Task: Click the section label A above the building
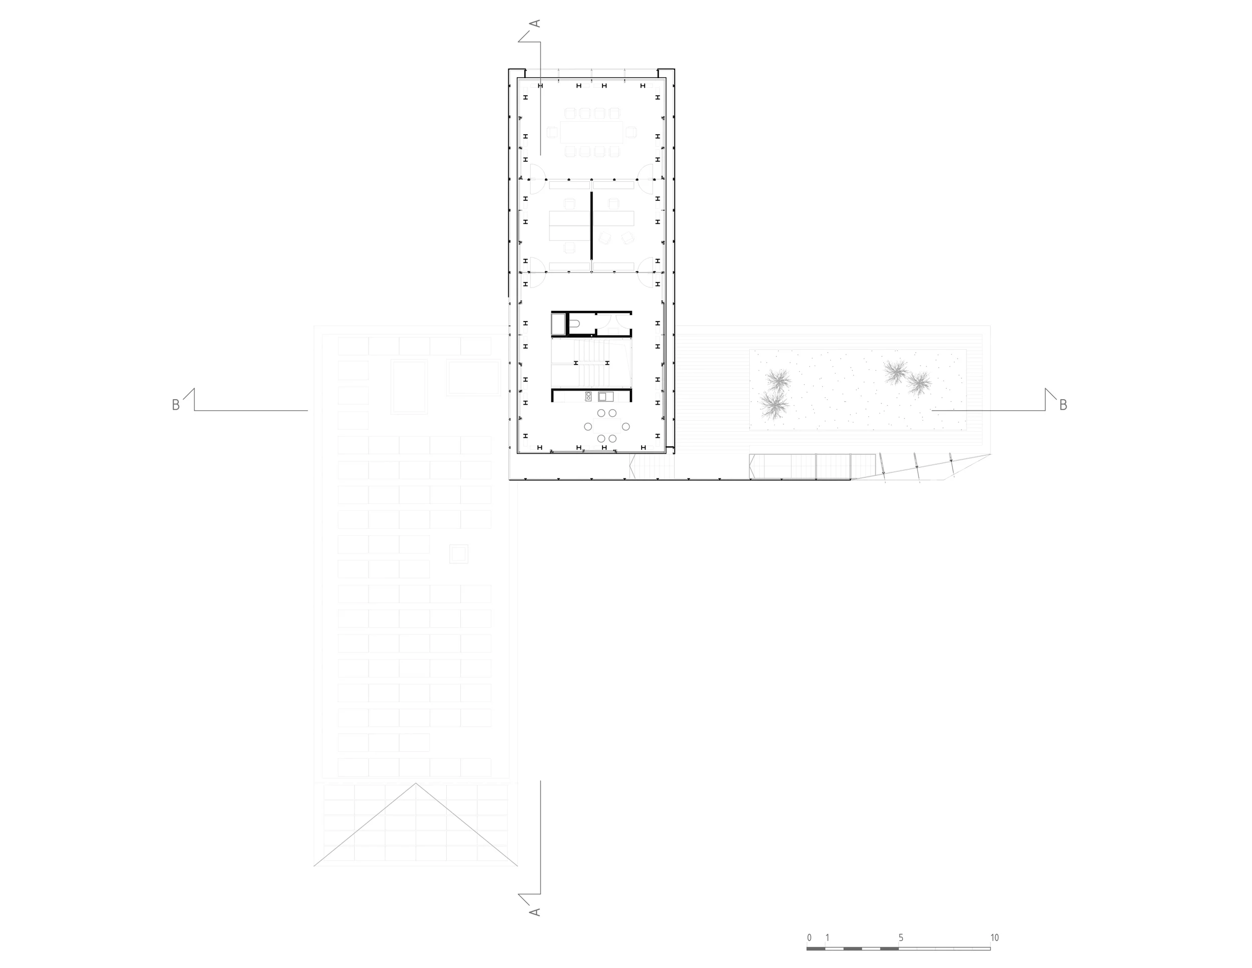[x=534, y=24]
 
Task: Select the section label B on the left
[x=176, y=405]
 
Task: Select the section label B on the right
[x=1063, y=405]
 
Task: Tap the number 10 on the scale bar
[x=994, y=937]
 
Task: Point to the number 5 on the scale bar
[x=900, y=937]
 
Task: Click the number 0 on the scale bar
[x=809, y=937]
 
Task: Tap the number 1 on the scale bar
[x=827, y=937]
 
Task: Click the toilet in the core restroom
[x=574, y=324]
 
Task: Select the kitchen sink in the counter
[x=605, y=397]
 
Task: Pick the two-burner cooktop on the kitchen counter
[x=588, y=397]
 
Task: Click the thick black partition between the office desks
[x=591, y=225]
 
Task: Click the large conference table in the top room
[x=591, y=132]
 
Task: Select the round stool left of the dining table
[x=587, y=426]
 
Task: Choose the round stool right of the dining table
[x=626, y=426]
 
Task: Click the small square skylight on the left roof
[x=459, y=554]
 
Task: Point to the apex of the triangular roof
[x=416, y=784]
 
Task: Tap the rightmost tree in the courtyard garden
[x=919, y=384]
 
